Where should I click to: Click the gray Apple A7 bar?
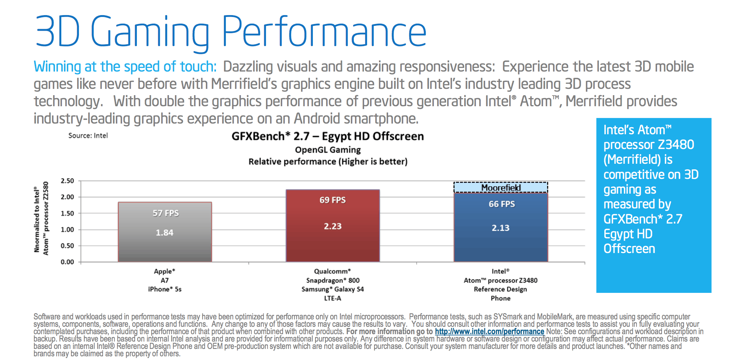pos(165,247)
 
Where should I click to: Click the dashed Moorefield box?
pos(501,188)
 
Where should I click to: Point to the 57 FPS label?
pos(166,213)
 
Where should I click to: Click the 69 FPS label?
pos(332,200)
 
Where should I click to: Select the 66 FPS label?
pos(502,204)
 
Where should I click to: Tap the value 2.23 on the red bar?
pos(332,226)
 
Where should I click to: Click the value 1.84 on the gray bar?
pos(165,233)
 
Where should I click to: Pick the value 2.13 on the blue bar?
pos(501,228)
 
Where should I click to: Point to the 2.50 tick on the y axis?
pos(67,181)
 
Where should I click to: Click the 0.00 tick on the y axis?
pos(67,262)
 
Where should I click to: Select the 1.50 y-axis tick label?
pos(67,213)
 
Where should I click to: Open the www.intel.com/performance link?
pos(489,332)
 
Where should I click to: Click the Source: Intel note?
pos(88,135)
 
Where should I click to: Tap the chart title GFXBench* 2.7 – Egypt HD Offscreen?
pos(328,136)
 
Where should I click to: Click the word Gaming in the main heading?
pos(150,32)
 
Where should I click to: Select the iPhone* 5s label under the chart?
pos(165,289)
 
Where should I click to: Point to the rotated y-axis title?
pos(41,218)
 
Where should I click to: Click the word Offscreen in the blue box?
pos(629,249)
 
